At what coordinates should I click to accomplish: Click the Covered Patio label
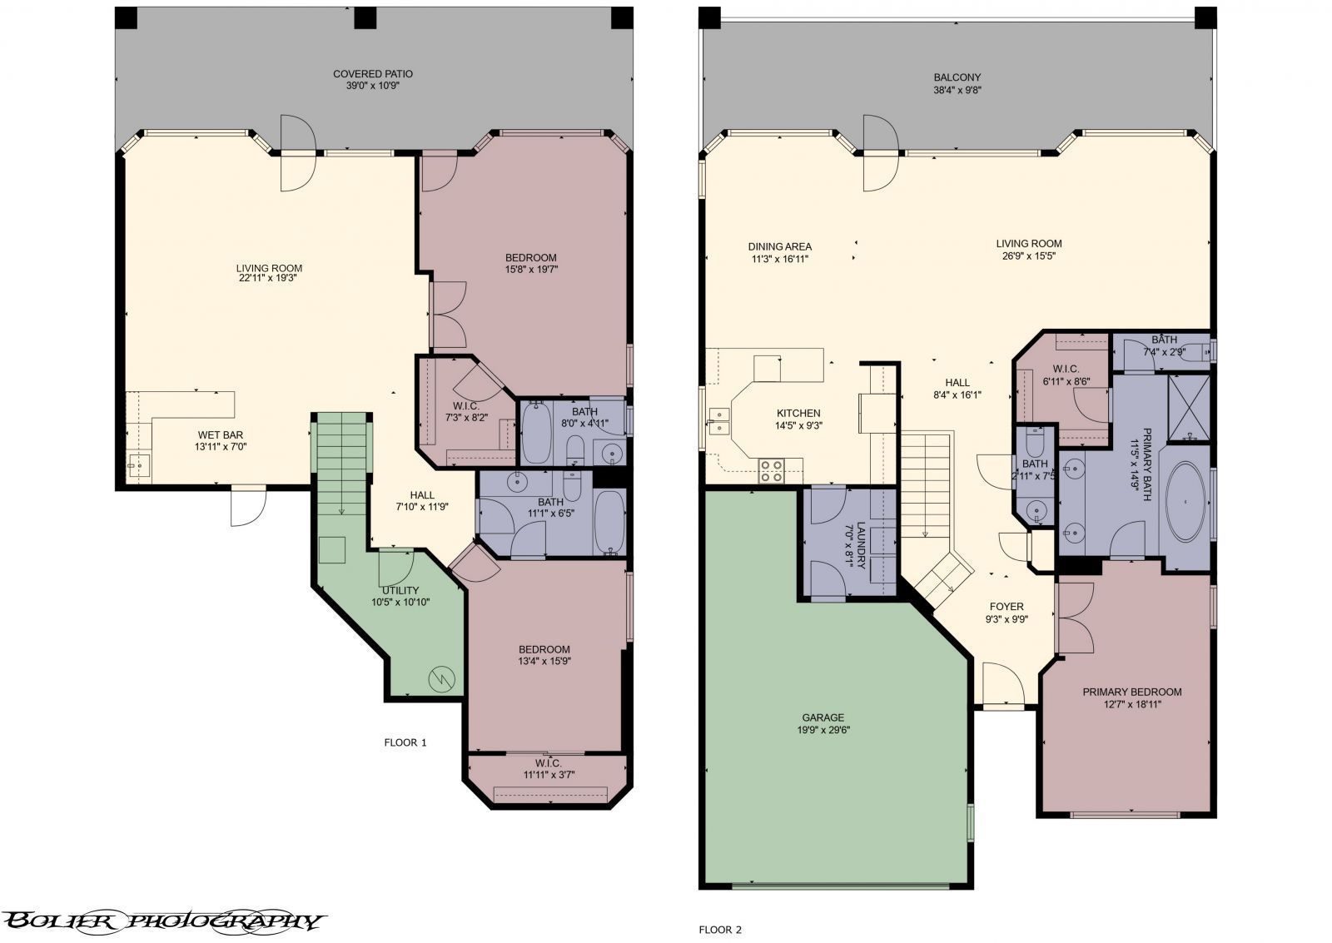(373, 74)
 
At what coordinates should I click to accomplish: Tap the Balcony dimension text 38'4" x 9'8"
(957, 90)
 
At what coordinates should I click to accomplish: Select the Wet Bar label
(221, 434)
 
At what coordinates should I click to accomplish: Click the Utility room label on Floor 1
(400, 590)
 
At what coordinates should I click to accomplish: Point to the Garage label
(823, 717)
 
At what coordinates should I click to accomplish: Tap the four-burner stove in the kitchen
(772, 471)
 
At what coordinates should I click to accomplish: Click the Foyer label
(1006, 606)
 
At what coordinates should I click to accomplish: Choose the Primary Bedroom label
(1131, 692)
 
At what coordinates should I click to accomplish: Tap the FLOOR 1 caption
(405, 742)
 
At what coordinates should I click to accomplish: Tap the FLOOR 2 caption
(719, 930)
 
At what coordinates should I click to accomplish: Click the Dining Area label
(779, 246)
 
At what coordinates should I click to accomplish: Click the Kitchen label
(798, 413)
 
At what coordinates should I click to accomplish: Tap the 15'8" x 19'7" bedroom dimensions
(530, 269)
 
